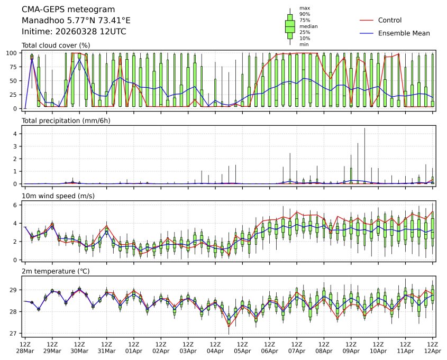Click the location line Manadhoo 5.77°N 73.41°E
pos(76,21)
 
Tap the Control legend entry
pos(390,21)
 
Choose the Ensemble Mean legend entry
pos(404,33)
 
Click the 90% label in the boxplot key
pos(304,14)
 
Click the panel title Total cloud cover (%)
pos(55,45)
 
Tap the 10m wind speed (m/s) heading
pos(58,196)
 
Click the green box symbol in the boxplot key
pos(290,25)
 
